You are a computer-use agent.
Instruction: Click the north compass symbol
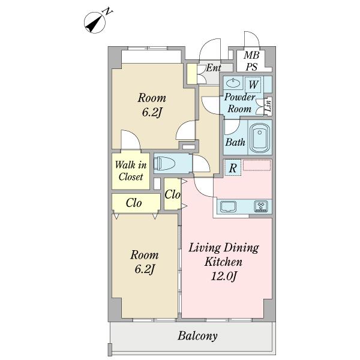[95, 23]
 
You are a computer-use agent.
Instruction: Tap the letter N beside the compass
[108, 11]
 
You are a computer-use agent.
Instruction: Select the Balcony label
[197, 336]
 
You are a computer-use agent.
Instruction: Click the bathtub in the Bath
[259, 138]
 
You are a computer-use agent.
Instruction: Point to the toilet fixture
[164, 163]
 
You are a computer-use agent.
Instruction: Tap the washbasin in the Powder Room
[233, 82]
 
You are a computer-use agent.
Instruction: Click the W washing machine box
[253, 85]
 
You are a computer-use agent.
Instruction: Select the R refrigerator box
[233, 168]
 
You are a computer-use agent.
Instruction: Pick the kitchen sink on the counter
[228, 206]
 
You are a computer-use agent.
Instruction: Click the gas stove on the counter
[261, 206]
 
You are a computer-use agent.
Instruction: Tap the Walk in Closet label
[131, 171]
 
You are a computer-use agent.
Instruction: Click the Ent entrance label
[214, 68]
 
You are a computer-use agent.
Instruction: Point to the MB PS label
[251, 61]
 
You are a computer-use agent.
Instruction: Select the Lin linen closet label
[268, 104]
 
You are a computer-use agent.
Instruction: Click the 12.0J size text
[223, 276]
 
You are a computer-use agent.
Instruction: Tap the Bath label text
[235, 142]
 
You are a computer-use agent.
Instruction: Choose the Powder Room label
[239, 103]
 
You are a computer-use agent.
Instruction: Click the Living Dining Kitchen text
[224, 254]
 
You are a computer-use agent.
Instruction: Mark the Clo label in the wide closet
[134, 203]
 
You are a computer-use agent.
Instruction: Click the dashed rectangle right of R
[257, 166]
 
